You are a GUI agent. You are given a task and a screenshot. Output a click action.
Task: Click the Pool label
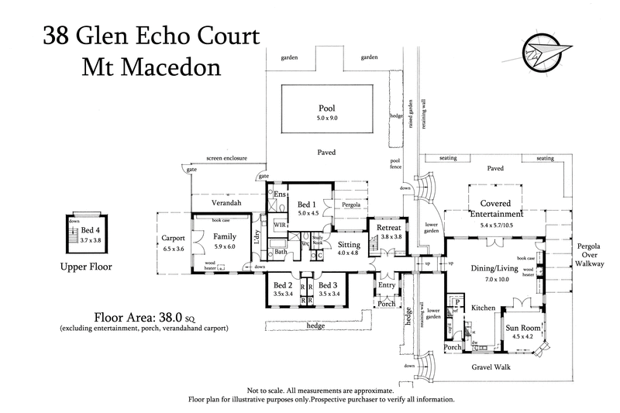click(x=326, y=108)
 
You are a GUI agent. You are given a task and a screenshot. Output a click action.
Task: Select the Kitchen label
click(x=484, y=308)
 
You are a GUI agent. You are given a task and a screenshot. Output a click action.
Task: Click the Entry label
click(x=386, y=285)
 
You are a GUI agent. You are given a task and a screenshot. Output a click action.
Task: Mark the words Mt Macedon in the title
click(x=151, y=66)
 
